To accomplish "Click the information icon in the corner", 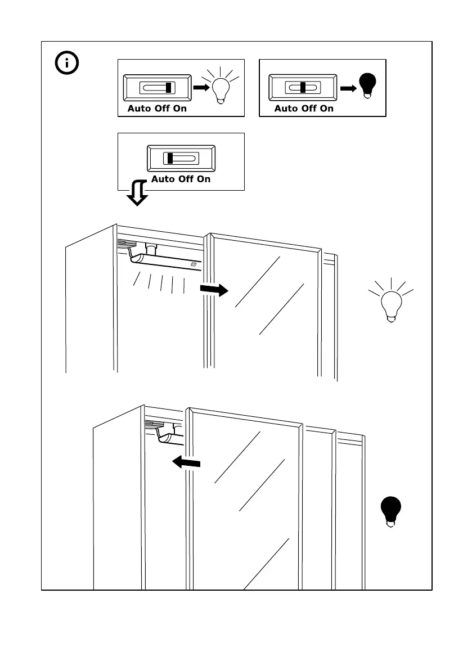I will [x=67, y=63].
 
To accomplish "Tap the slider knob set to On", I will [x=169, y=88].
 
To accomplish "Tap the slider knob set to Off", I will [x=303, y=88].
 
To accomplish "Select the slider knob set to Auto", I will [x=170, y=159].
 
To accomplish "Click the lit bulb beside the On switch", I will [x=220, y=88].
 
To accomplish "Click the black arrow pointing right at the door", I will [x=214, y=290].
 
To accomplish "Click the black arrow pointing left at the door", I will [x=186, y=462].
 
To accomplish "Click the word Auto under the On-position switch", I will [x=140, y=109].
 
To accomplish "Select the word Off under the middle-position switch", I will [x=308, y=109].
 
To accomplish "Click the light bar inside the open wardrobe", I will [x=166, y=262].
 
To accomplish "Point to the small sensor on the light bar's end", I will [x=194, y=264].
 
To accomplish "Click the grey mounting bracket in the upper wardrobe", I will [x=127, y=244].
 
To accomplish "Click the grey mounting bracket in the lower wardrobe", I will [x=154, y=425].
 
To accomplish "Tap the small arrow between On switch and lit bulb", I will [x=200, y=88].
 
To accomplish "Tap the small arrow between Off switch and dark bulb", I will [x=348, y=88].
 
